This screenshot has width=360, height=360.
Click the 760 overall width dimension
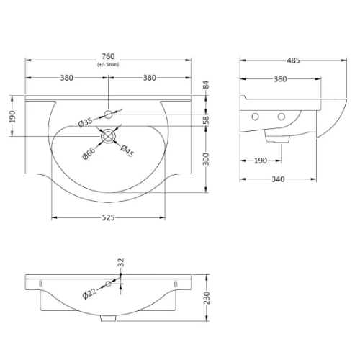coord(108,56)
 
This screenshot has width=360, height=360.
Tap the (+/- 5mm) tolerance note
coord(108,65)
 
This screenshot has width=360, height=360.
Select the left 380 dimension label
coord(66,78)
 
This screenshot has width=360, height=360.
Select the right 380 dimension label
coord(150,78)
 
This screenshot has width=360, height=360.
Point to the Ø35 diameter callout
coord(85,122)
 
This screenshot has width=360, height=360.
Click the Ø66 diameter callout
coord(89,153)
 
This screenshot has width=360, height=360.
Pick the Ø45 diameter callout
coord(127,151)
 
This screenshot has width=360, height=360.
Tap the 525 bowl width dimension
coord(109,217)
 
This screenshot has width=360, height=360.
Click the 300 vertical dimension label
coord(206,159)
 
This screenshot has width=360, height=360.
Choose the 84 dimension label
coord(206,85)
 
